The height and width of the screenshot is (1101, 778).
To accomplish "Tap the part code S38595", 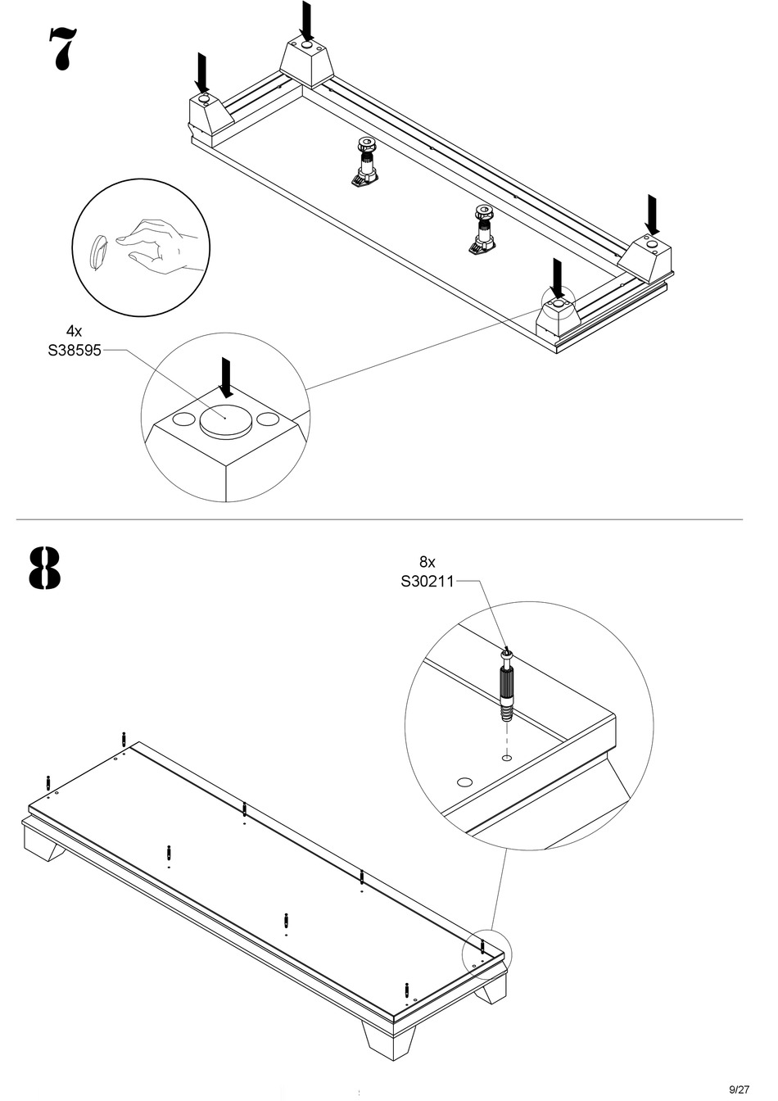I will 74,351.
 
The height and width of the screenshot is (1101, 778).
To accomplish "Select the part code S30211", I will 427,582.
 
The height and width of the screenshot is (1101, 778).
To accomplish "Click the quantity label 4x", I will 74,331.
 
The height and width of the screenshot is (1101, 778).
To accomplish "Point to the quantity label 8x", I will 427,562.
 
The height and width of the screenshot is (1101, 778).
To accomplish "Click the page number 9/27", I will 739,1089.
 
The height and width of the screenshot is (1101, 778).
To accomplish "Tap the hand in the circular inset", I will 160,243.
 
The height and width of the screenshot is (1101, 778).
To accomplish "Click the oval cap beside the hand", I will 97,251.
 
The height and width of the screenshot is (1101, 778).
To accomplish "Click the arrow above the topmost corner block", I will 306,21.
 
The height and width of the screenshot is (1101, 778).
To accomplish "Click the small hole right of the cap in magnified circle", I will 269,420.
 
